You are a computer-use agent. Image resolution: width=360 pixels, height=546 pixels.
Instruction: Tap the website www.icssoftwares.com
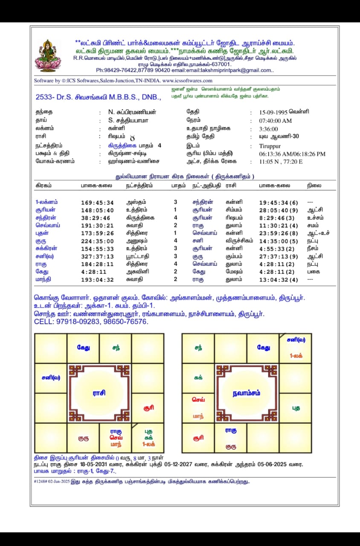pos(187,81)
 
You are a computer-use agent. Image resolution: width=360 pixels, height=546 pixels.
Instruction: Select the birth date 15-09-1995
pos(273,112)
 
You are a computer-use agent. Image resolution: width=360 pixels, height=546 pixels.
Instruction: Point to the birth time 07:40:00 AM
pos(276,121)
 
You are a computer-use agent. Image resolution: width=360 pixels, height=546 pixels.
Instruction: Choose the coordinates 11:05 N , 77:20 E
pos(282,162)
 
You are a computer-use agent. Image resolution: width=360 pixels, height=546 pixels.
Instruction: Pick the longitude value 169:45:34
pos(98,203)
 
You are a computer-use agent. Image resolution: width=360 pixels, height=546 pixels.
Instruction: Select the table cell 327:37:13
pos(98,256)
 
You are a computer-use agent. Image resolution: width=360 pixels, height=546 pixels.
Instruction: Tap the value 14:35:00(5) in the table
pos(279,241)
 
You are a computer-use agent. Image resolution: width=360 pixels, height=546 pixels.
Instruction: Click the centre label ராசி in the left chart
pos(99,393)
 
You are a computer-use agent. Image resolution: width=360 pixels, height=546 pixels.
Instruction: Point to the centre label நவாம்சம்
pos(247,393)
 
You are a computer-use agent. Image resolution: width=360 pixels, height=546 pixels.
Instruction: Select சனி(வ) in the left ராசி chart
pos(51,378)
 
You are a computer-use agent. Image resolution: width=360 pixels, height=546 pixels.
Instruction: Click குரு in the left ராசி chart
pos(83,438)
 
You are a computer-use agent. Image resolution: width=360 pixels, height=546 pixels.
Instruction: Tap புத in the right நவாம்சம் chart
pos(296,408)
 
